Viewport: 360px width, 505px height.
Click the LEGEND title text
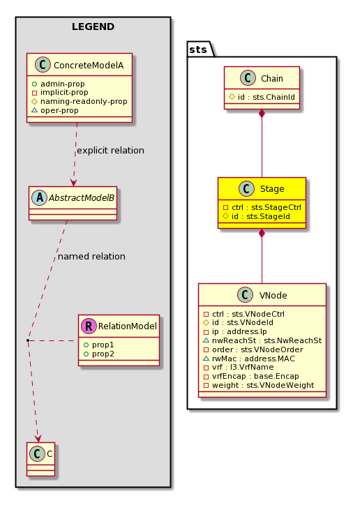pos(93,27)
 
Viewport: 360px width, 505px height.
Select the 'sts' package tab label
pos(198,50)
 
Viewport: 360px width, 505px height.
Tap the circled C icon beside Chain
pos(248,78)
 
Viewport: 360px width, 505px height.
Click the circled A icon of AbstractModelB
pos(40,198)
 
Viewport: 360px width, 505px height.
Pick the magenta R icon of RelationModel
pos(89,326)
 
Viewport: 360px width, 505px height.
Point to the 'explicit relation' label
pos(110,151)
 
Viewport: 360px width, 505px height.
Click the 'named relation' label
pos(91,257)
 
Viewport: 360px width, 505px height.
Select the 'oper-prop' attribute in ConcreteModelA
pos(59,110)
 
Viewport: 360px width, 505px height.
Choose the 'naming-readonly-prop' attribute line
pos(84,101)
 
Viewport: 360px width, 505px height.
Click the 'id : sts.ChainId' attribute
pos(267,97)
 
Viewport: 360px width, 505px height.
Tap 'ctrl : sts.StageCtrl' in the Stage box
pos(267,207)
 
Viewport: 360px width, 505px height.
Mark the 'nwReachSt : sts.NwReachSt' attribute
pos(267,340)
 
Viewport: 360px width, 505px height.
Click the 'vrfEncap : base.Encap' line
pos(255,376)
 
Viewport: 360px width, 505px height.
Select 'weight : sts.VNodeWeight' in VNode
pos(263,385)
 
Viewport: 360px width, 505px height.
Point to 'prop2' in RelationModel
pos(103,354)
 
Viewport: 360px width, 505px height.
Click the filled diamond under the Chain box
pos(262,114)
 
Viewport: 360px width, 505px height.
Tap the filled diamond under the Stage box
pos(262,233)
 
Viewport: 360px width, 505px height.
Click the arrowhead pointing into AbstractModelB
pos(74,182)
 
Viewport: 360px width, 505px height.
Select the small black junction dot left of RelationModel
pos(28,340)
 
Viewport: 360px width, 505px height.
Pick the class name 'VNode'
pos(273,295)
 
